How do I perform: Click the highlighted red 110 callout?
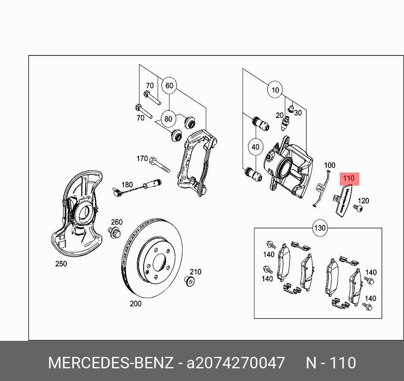click(349, 178)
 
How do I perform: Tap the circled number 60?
click(169, 86)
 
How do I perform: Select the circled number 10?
click(275, 90)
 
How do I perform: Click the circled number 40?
click(255, 147)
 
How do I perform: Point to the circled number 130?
click(320, 228)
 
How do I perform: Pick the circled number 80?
click(168, 119)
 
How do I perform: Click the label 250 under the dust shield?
click(61, 264)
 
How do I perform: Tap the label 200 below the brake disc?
click(136, 304)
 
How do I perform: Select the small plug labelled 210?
click(190, 281)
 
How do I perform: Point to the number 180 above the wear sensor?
click(127, 185)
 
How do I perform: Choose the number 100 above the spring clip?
click(329, 165)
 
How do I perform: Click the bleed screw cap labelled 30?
click(291, 109)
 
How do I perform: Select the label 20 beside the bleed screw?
click(279, 115)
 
